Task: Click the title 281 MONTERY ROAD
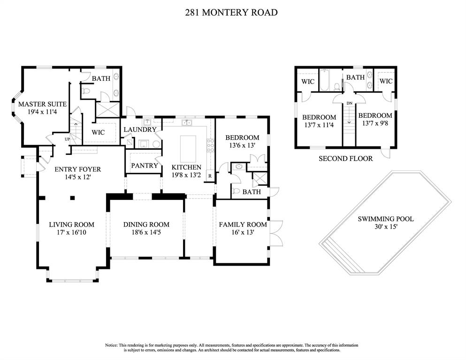pos(231,13)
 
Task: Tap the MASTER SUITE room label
pos(42,104)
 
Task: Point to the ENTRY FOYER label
pos(78,169)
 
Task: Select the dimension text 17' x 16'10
pos(71,232)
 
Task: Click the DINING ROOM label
pos(146,224)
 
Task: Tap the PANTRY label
pos(144,166)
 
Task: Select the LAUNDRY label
pos(140,130)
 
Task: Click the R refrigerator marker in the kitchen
pos(209,176)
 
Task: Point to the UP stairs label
pos(67,139)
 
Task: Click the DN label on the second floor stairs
pos(349,103)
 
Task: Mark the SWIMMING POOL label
pos(386,219)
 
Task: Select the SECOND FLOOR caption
pos(345,159)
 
